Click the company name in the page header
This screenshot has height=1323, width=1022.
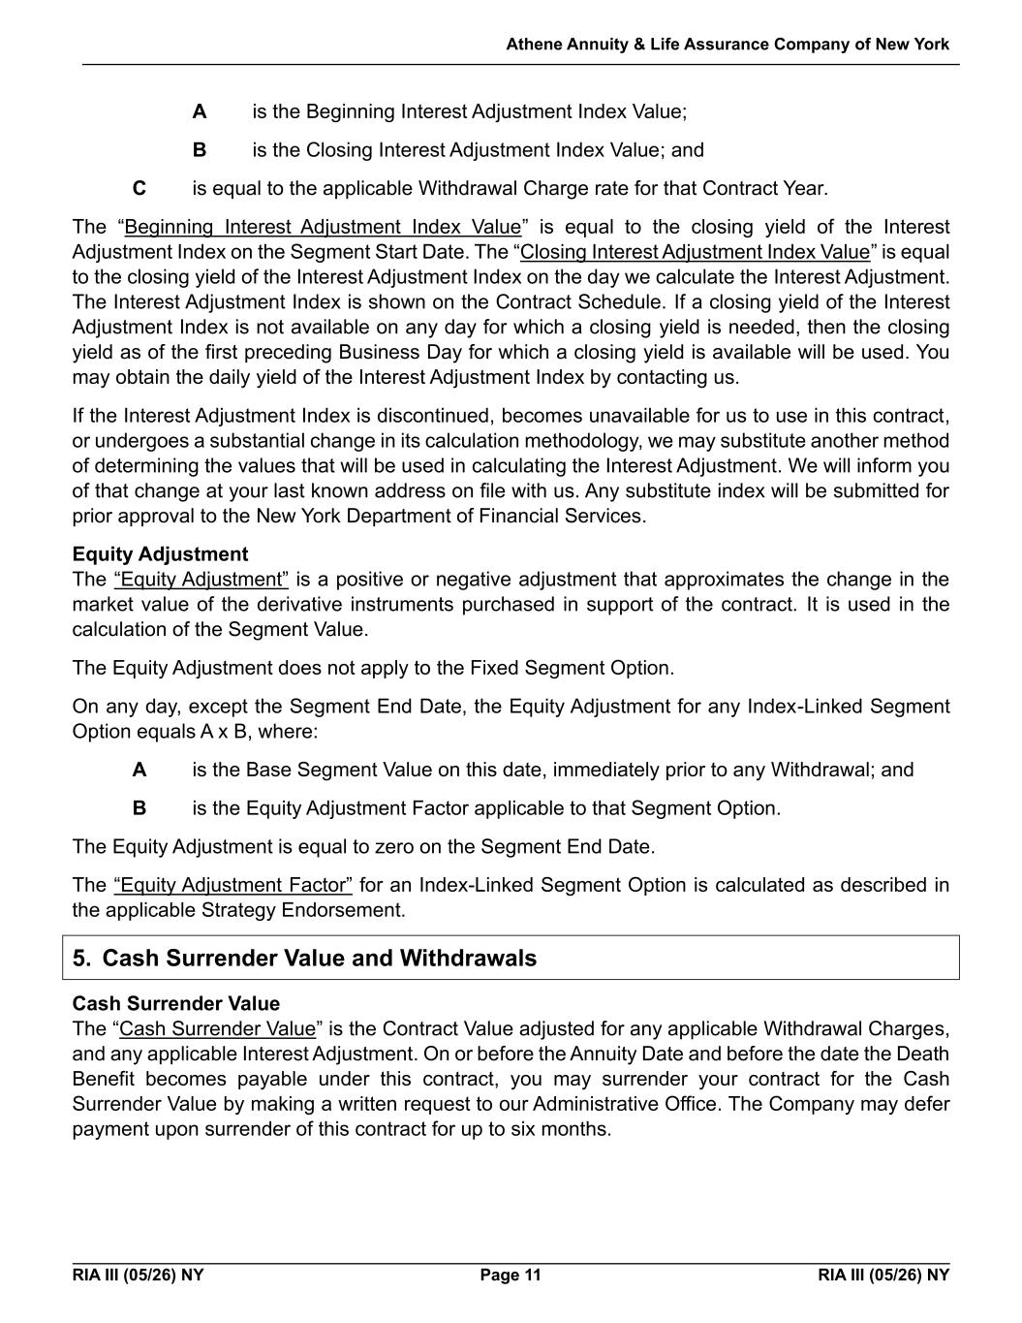pos(728,45)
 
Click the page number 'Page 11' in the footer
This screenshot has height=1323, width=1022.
pos(511,1275)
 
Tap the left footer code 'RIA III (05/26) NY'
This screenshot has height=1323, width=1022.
pos(138,1275)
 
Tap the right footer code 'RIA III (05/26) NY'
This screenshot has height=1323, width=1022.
pos(883,1275)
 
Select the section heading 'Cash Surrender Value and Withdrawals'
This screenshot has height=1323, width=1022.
pos(320,959)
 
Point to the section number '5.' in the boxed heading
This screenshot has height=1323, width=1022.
pos(82,959)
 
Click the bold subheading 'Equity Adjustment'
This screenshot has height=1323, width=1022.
pos(160,554)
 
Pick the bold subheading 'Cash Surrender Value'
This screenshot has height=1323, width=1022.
pos(175,1003)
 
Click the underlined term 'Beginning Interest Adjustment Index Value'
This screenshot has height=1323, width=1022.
pos(323,227)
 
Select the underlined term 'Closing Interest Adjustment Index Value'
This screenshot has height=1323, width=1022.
pos(695,252)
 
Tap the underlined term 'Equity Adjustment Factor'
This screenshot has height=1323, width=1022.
pos(233,885)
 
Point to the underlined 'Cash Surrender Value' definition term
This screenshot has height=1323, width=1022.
pos(218,1028)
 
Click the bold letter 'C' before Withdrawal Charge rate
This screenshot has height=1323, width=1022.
pos(139,188)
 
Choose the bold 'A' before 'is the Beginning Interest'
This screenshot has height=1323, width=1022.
pos(200,111)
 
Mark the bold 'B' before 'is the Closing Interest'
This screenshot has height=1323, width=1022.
pos(200,150)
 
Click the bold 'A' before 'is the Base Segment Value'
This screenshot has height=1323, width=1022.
pos(139,770)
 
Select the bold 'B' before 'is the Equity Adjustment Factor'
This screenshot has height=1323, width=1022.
pos(139,808)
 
